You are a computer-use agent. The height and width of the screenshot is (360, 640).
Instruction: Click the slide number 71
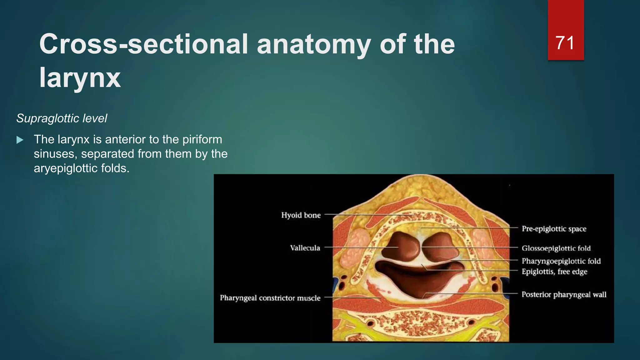pos(565,43)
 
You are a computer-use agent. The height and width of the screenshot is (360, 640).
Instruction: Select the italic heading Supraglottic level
pos(62,118)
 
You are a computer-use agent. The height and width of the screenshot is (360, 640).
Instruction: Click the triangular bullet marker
pos(20,140)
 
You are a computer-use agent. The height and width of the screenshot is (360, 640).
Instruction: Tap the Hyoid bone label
pos(301,215)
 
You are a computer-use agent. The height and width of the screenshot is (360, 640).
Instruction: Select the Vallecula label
pos(305,248)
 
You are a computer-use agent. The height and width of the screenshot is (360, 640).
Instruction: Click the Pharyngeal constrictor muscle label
pos(270,298)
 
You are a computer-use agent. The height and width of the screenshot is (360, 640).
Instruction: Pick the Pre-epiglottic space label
pos(554,229)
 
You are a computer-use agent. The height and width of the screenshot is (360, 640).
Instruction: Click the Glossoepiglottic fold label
pos(556,248)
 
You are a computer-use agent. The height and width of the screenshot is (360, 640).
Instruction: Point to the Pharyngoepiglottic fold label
pos(561,261)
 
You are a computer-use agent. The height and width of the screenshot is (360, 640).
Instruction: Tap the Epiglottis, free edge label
pos(554,272)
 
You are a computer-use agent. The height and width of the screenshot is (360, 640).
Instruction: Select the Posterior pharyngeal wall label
pos(564,294)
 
